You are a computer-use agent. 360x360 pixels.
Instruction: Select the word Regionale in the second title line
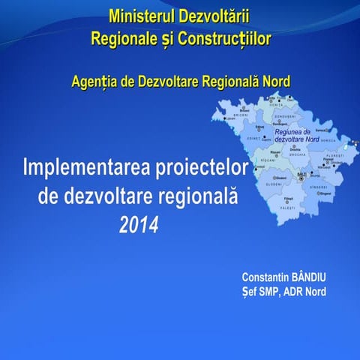pos(123,37)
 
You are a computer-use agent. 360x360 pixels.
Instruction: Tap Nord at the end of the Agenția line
pos(274,81)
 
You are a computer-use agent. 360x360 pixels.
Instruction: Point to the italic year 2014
pos(139,224)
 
